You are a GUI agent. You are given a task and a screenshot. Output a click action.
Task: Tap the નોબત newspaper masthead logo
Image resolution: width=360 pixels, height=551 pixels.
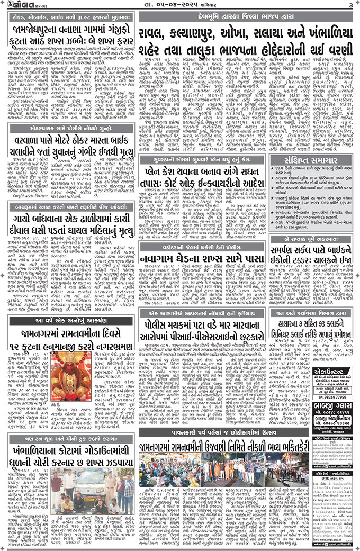point(20,5)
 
